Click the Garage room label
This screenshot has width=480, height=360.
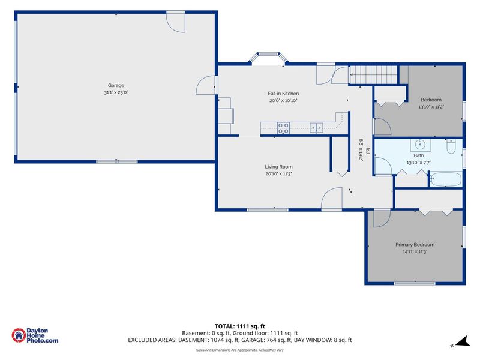116,85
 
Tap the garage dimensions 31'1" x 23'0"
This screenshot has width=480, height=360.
116,92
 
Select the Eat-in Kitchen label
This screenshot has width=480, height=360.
283,94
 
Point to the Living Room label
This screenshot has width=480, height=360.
278,167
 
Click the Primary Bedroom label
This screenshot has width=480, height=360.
415,245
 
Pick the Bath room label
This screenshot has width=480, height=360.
418,155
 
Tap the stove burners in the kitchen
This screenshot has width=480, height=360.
283,128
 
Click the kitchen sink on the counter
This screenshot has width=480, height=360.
317,127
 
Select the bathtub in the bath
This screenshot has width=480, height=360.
446,179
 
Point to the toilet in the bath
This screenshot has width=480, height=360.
451,146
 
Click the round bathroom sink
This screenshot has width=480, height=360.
421,144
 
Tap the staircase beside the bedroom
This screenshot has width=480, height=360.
373,74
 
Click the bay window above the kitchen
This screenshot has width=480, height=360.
268,58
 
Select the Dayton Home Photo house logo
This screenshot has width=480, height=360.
19,335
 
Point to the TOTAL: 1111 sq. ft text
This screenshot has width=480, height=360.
239,326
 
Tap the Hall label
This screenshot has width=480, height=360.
368,150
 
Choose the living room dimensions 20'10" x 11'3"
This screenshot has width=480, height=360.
278,173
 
